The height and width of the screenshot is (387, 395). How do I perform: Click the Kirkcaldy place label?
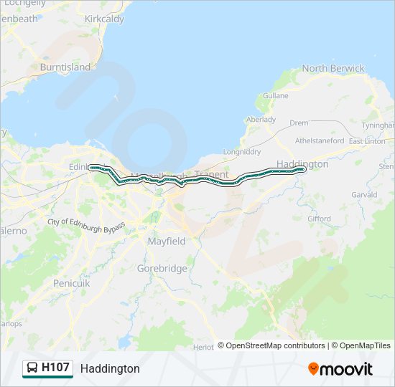104,18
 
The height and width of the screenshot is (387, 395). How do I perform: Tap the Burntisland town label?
65,67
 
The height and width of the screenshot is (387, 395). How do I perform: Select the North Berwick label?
333,69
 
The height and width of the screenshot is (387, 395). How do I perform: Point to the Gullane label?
276,95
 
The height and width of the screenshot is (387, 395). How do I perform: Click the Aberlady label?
261,120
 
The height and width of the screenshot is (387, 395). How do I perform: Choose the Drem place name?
299,123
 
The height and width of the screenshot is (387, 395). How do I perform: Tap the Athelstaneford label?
320,141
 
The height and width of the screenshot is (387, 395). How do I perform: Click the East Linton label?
367,141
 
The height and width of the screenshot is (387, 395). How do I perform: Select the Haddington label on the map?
302,164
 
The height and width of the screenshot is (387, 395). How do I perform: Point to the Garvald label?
364,195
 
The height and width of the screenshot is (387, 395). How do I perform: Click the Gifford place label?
319,219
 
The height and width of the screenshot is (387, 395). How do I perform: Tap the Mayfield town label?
167,242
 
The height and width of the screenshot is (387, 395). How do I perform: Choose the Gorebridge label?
162,269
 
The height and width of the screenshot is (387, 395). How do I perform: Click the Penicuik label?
72,283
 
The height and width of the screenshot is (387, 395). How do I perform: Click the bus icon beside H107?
32,368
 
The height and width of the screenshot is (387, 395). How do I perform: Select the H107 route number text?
55,368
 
